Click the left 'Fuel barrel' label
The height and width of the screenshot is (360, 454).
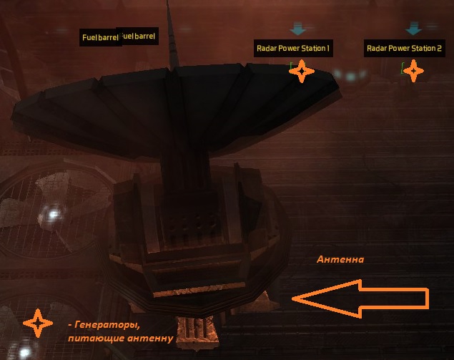100,37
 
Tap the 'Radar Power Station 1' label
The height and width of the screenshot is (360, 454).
293,49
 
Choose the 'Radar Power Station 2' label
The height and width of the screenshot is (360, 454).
405,49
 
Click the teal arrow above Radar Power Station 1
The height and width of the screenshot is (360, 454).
298,29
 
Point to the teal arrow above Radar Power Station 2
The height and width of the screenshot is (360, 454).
413,29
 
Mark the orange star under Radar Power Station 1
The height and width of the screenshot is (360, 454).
302,71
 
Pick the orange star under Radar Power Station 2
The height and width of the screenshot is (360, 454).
414,71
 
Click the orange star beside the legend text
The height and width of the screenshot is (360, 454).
37,323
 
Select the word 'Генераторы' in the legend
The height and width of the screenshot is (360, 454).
104,325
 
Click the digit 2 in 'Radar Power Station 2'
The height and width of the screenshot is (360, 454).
440,49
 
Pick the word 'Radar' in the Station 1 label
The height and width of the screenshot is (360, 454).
266,49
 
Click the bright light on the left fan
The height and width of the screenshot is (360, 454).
52,213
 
